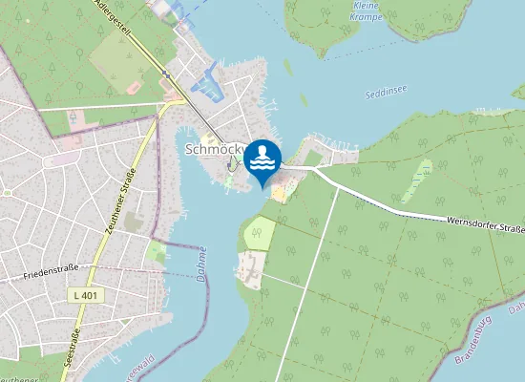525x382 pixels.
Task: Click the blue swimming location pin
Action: pyautogui.click(x=262, y=160)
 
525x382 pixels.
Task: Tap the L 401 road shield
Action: pyautogui.click(x=86, y=296)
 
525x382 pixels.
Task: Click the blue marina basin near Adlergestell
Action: pyautogui.click(x=208, y=88)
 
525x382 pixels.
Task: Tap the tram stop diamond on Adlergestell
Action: pyautogui.click(x=165, y=74)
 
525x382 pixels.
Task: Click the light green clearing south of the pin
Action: pyautogui.click(x=259, y=233)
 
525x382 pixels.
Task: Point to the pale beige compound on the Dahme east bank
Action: pyautogui.click(x=250, y=267)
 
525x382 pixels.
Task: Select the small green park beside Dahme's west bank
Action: pyautogui.click(x=157, y=252)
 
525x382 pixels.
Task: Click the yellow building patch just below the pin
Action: pyautogui.click(x=279, y=194)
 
